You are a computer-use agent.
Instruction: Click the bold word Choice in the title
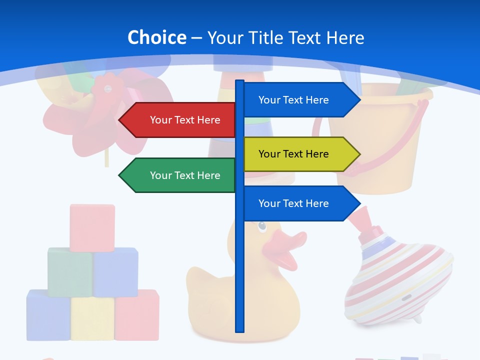[156, 38]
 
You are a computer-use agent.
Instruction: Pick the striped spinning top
[397, 280]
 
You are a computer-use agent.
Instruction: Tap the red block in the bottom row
[136, 315]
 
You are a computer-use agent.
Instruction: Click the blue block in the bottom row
[48, 315]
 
